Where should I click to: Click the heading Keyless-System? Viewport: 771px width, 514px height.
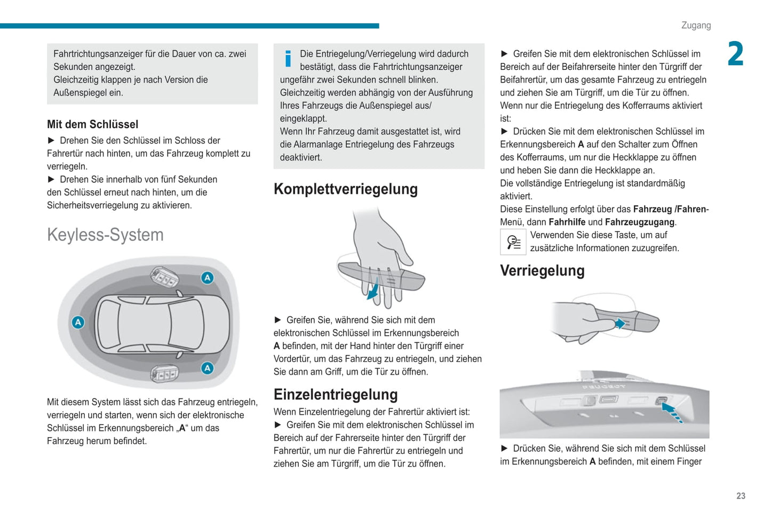pyautogui.click(x=105, y=235)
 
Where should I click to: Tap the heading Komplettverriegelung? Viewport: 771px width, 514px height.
pyautogui.click(x=345, y=189)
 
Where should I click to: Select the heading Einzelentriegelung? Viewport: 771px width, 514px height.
pyautogui.click(x=336, y=394)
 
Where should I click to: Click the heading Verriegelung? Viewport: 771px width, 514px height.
pyautogui.click(x=542, y=270)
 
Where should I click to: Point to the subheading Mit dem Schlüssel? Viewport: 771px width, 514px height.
pyautogui.click(x=92, y=124)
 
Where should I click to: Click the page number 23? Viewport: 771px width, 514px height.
pyautogui.click(x=741, y=496)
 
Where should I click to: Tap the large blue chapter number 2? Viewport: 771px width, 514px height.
pyautogui.click(x=735, y=54)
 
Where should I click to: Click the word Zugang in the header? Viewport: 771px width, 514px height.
pyautogui.click(x=696, y=26)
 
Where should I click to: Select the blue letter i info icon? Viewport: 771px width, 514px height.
pyautogui.click(x=288, y=58)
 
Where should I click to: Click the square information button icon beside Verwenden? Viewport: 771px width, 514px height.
pyautogui.click(x=513, y=242)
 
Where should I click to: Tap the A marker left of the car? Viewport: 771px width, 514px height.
pyautogui.click(x=78, y=322)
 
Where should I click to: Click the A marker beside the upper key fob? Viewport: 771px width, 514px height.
pyautogui.click(x=207, y=277)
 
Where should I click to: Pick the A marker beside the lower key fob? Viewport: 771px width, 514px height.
pyautogui.click(x=207, y=368)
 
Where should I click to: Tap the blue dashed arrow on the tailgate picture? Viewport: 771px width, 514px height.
pyautogui.click(x=672, y=412)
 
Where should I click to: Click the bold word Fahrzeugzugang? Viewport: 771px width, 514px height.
pyautogui.click(x=640, y=222)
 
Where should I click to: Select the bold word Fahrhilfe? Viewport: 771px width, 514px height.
pyautogui.click(x=567, y=222)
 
